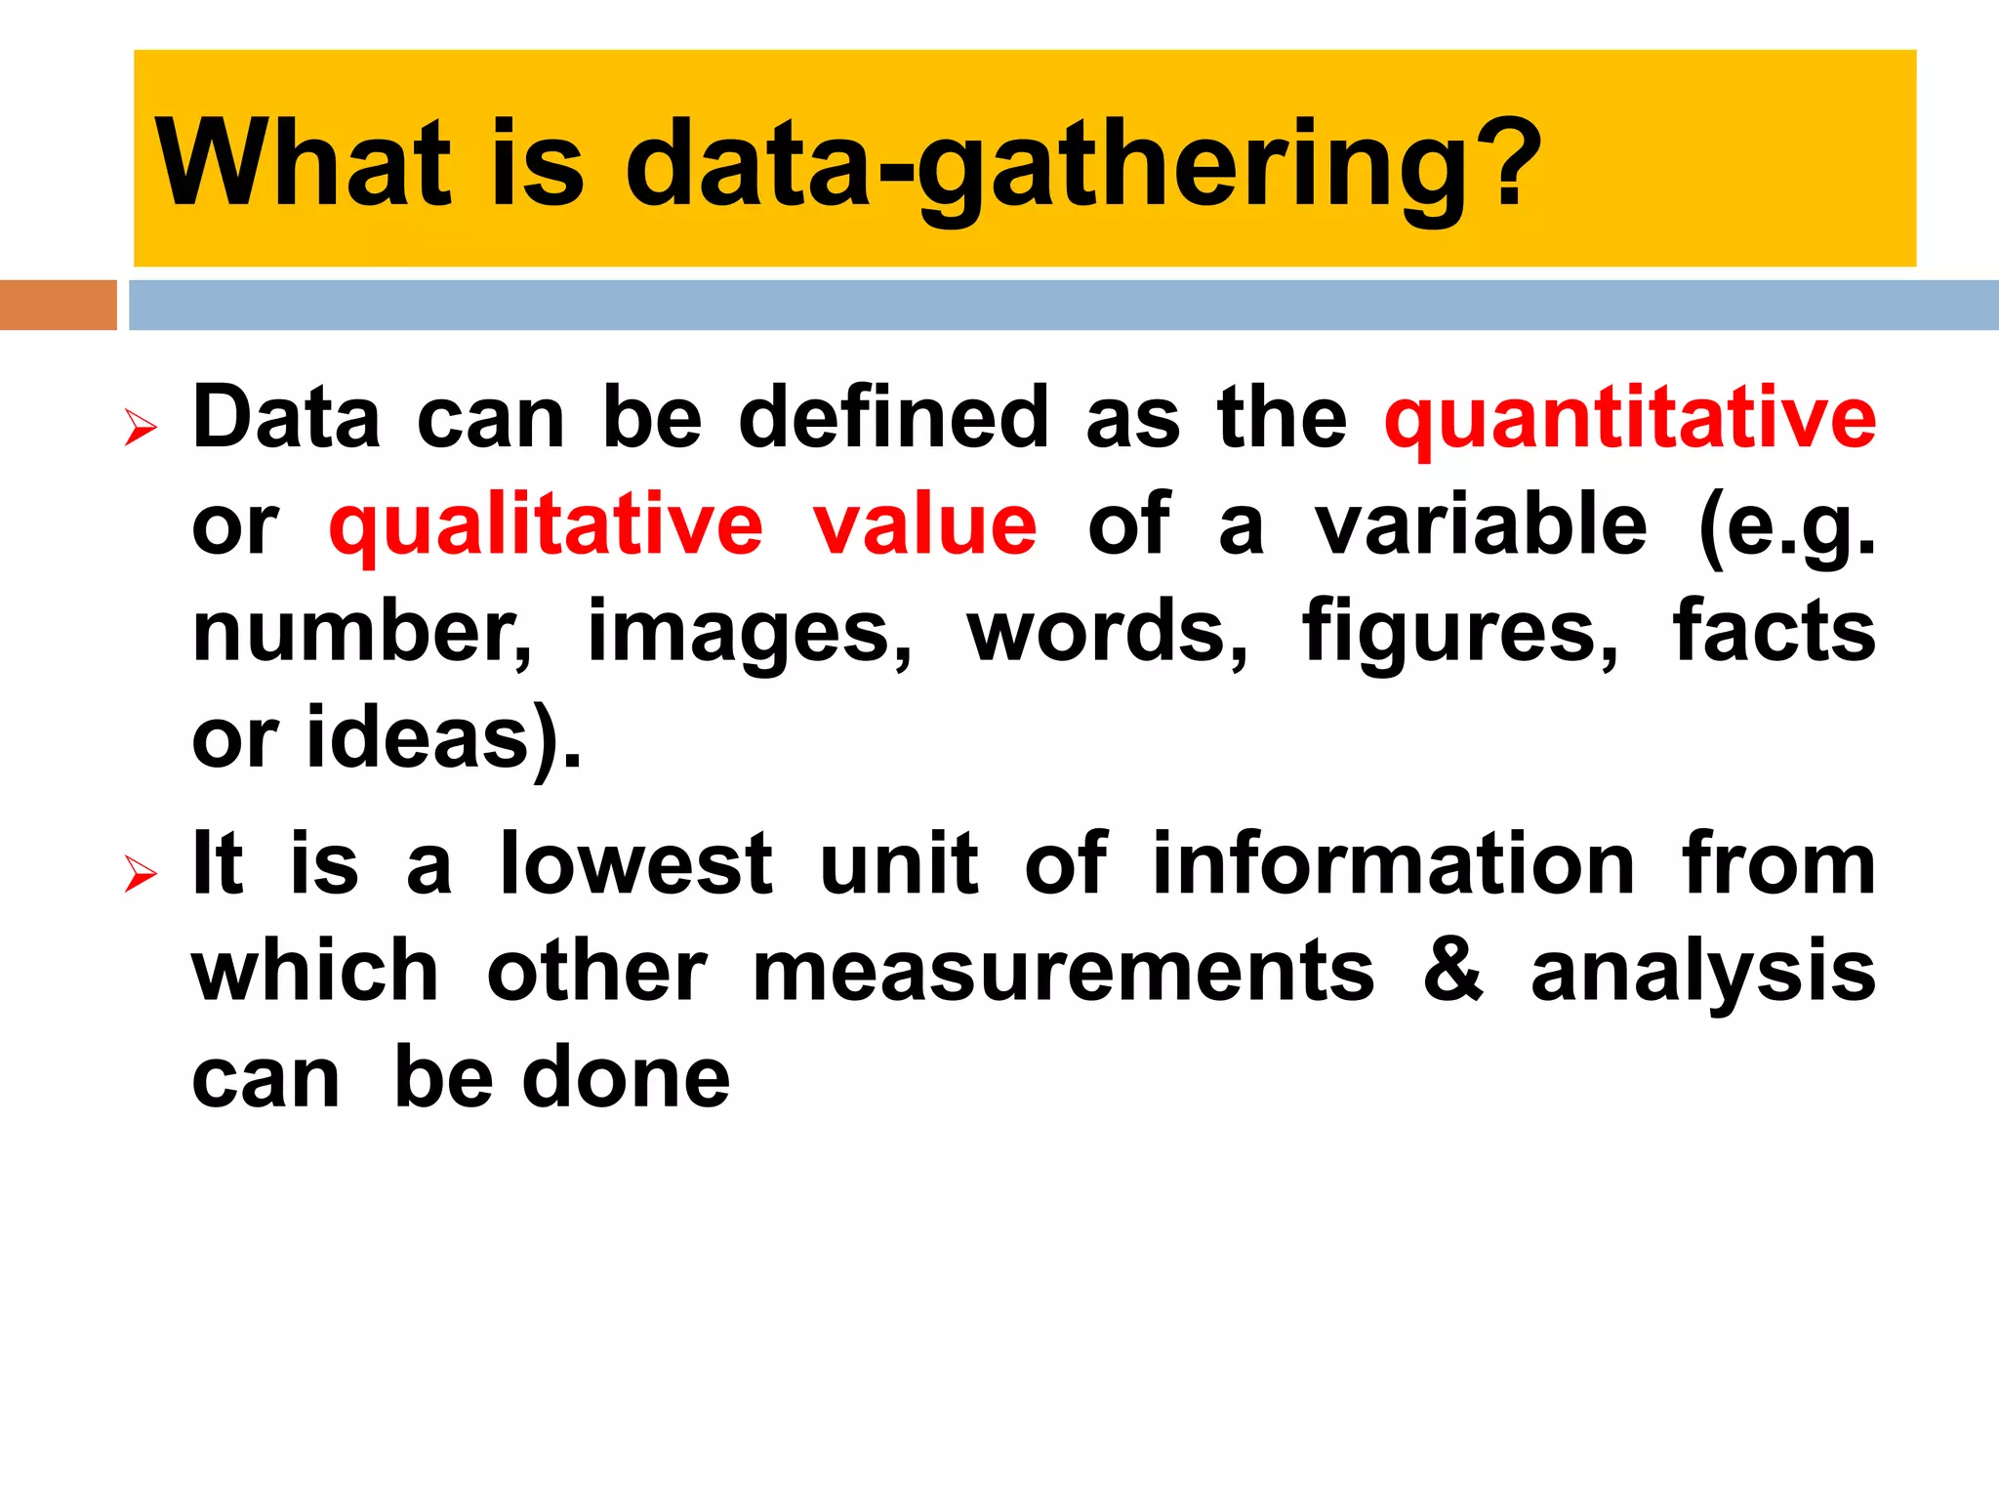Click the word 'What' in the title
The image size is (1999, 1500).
tap(303, 163)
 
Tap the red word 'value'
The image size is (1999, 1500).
tap(924, 525)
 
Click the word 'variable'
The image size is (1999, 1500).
tap(1481, 525)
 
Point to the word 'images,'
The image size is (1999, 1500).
tap(750, 633)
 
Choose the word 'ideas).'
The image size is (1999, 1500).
tap(444, 739)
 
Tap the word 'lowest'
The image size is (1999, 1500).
tap(635, 864)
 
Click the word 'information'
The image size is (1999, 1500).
tap(1393, 864)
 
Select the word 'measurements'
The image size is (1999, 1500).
tap(1063, 972)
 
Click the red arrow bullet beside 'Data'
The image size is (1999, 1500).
tap(141, 428)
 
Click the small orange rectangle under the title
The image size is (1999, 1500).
tap(58, 305)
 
